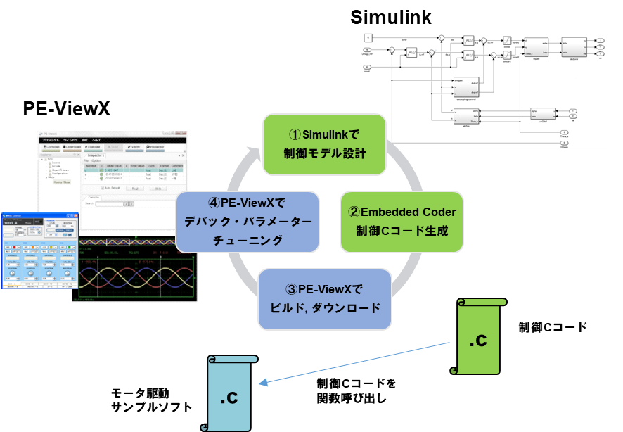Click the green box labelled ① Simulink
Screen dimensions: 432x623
coord(324,144)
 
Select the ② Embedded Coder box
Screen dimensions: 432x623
coord(402,222)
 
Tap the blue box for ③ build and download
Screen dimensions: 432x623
coord(324,299)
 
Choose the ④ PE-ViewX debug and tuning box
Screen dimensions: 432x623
coord(247,222)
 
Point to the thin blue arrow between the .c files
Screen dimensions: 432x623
coord(355,363)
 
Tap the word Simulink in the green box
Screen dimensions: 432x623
coord(330,134)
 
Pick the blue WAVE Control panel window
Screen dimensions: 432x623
coord(39,250)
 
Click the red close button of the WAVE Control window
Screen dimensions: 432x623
coord(75,215)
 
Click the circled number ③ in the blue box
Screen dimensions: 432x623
coord(293,289)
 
